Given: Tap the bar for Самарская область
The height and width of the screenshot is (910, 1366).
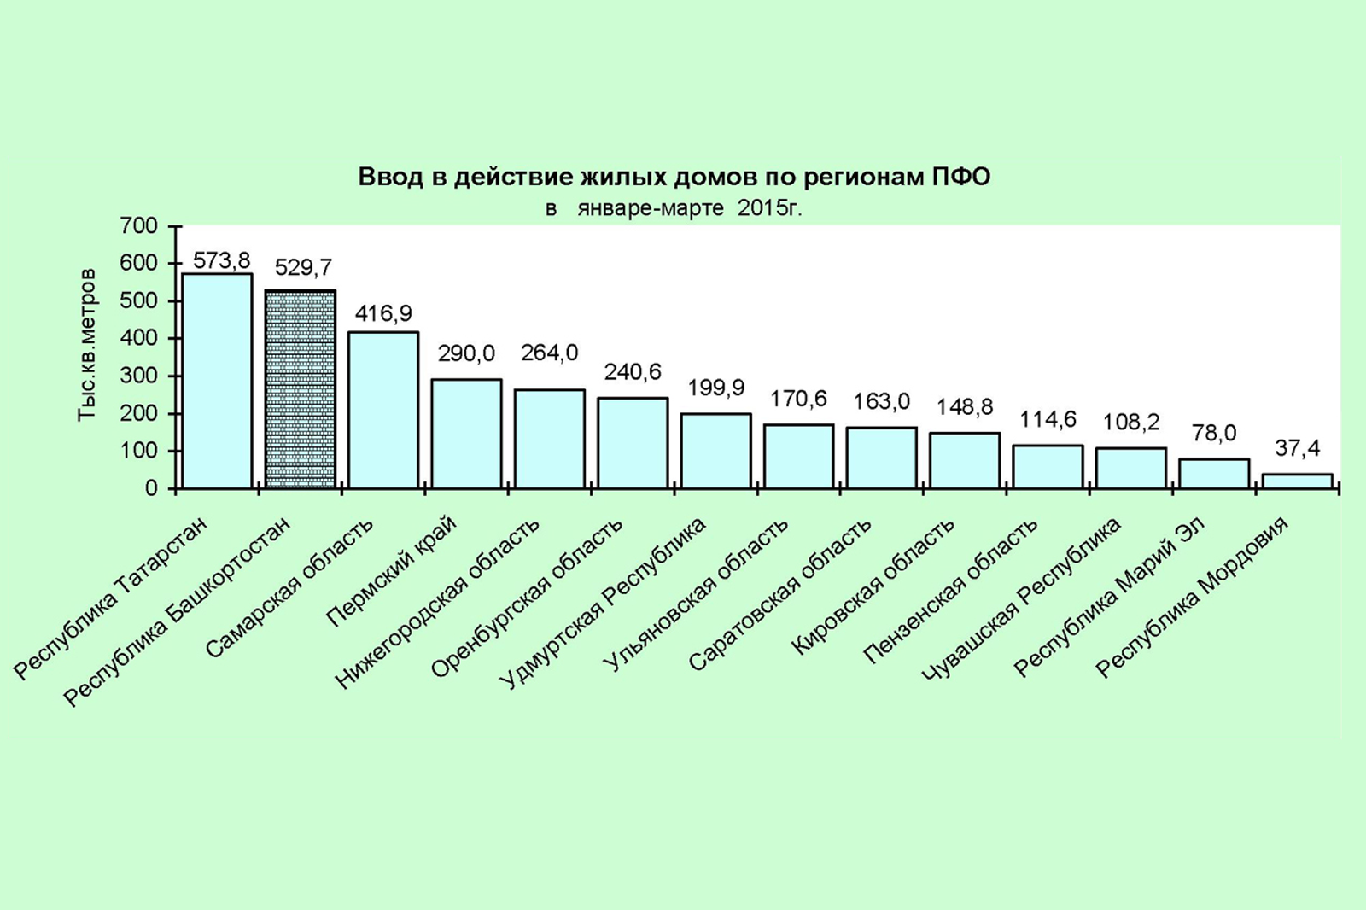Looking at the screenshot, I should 383,410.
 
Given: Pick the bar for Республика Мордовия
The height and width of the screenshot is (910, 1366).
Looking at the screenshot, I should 1297,481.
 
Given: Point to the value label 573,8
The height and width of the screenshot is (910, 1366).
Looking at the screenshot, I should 221,260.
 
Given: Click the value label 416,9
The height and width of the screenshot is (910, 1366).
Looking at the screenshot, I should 383,314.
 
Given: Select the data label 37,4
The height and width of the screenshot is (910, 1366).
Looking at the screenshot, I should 1297,448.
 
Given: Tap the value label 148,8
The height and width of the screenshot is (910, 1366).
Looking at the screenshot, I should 965,407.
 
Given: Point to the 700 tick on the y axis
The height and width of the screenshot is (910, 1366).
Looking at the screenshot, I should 139,226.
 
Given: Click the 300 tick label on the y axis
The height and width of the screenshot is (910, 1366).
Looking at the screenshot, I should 139,376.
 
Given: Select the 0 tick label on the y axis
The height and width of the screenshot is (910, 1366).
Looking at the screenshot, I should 151,488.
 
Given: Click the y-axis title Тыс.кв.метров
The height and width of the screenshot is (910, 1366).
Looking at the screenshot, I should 86,345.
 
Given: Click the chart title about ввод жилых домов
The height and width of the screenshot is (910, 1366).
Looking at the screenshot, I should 674,178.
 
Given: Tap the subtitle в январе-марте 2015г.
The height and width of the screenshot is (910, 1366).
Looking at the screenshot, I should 674,208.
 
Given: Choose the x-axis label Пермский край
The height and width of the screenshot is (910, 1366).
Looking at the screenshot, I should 393,572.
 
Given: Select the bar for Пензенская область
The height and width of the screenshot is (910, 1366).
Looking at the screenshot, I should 1048,466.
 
